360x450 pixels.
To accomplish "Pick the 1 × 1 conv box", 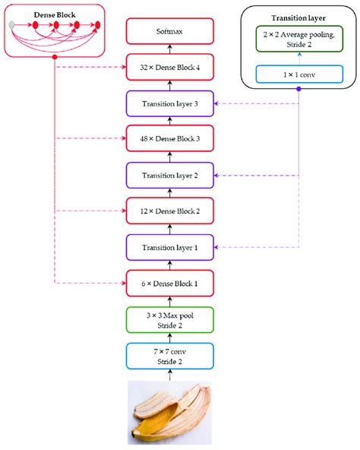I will click(x=298, y=74).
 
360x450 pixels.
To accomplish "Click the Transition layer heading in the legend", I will click(x=298, y=17).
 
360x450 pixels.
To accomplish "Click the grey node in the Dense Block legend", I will click(x=11, y=27).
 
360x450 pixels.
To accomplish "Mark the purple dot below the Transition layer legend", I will click(x=298, y=89).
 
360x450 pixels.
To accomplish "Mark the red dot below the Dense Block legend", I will click(x=54, y=59).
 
